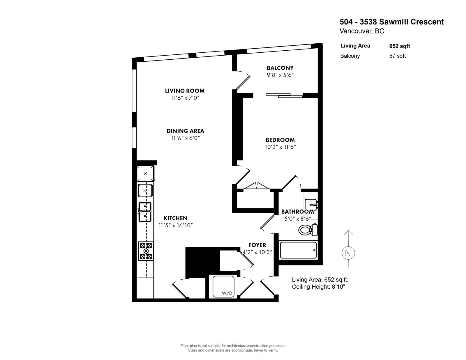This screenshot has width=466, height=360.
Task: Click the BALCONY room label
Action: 280,68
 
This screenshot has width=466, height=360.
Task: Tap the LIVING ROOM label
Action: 185,91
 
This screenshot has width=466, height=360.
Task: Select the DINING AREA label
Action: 185,131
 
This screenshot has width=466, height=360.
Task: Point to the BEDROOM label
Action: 280,140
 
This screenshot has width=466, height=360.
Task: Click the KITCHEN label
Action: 175,218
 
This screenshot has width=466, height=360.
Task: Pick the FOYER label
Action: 257,245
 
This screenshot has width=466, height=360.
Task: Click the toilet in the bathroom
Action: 308,230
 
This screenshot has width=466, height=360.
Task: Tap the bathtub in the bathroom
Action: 298,250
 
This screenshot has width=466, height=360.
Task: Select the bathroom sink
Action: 311,205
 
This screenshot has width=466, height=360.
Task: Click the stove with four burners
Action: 146,251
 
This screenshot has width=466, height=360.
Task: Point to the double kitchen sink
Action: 145,212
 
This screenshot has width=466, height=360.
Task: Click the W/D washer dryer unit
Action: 223,286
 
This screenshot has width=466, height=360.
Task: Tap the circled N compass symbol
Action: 348,253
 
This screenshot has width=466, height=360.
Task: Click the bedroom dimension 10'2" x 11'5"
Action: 280,147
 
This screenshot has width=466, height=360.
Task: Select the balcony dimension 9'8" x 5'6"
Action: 280,75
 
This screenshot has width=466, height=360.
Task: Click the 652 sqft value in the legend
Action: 400,46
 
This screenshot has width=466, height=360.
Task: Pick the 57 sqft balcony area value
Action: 397,56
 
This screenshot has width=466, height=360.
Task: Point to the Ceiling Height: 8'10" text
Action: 318,287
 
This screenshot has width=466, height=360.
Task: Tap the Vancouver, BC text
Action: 362,31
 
